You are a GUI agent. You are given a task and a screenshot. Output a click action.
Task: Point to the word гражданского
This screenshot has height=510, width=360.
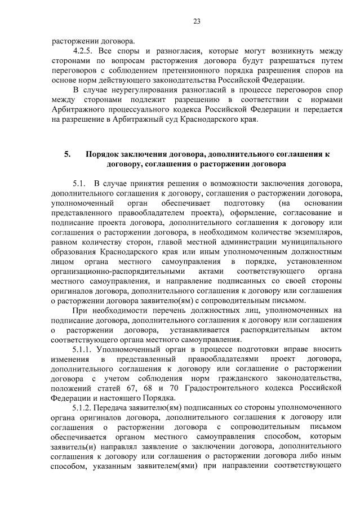232,378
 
